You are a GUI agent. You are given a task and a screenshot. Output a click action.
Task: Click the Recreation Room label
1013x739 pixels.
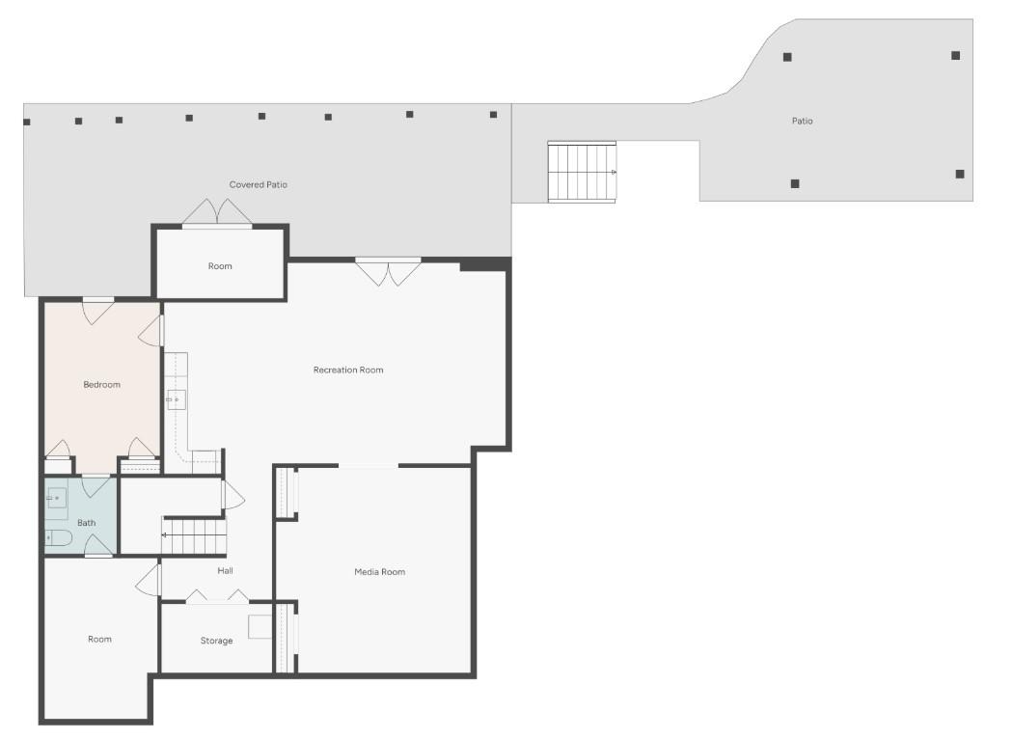click(x=348, y=370)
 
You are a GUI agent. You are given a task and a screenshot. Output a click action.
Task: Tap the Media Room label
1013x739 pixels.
click(x=379, y=572)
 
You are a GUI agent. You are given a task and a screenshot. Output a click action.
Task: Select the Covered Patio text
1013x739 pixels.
click(x=258, y=184)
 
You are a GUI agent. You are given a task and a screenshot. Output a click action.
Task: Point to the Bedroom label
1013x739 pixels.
click(x=101, y=385)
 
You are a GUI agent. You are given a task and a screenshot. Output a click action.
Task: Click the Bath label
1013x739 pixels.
click(x=87, y=523)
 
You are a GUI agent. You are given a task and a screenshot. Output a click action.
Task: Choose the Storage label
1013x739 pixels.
click(x=216, y=641)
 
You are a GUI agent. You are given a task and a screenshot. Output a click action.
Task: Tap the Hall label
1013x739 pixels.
click(x=225, y=570)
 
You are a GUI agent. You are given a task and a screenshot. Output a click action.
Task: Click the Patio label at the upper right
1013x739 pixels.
click(x=802, y=122)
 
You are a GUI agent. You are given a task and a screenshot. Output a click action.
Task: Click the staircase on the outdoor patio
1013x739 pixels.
click(x=582, y=172)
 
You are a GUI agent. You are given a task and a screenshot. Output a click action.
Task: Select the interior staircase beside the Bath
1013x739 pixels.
click(x=194, y=536)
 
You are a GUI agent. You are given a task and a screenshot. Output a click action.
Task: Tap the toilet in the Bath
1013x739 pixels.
click(x=57, y=537)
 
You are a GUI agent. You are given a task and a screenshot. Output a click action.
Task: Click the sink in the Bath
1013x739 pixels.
click(x=57, y=499)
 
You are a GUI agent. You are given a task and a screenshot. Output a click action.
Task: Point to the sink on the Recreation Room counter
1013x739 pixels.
click(x=176, y=399)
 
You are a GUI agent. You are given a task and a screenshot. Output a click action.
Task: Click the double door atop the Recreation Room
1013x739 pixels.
click(x=388, y=272)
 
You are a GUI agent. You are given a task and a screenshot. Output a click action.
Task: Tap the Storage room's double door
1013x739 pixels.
click(x=217, y=597)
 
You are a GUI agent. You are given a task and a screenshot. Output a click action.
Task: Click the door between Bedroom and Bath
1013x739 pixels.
click(x=96, y=484)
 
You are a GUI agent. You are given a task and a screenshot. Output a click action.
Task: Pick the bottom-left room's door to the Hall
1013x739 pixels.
click(x=149, y=580)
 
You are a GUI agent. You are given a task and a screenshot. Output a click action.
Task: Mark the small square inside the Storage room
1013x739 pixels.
click(x=260, y=626)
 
